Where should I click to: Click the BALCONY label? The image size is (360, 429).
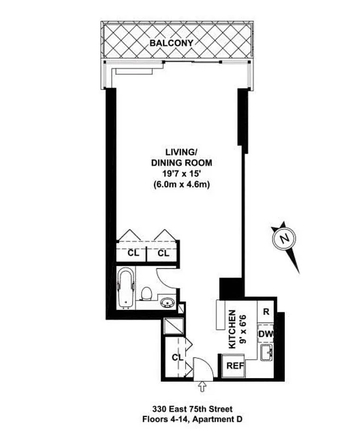click(171, 42)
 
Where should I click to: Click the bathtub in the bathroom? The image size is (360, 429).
click(126, 289)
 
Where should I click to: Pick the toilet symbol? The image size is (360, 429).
click(146, 293)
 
